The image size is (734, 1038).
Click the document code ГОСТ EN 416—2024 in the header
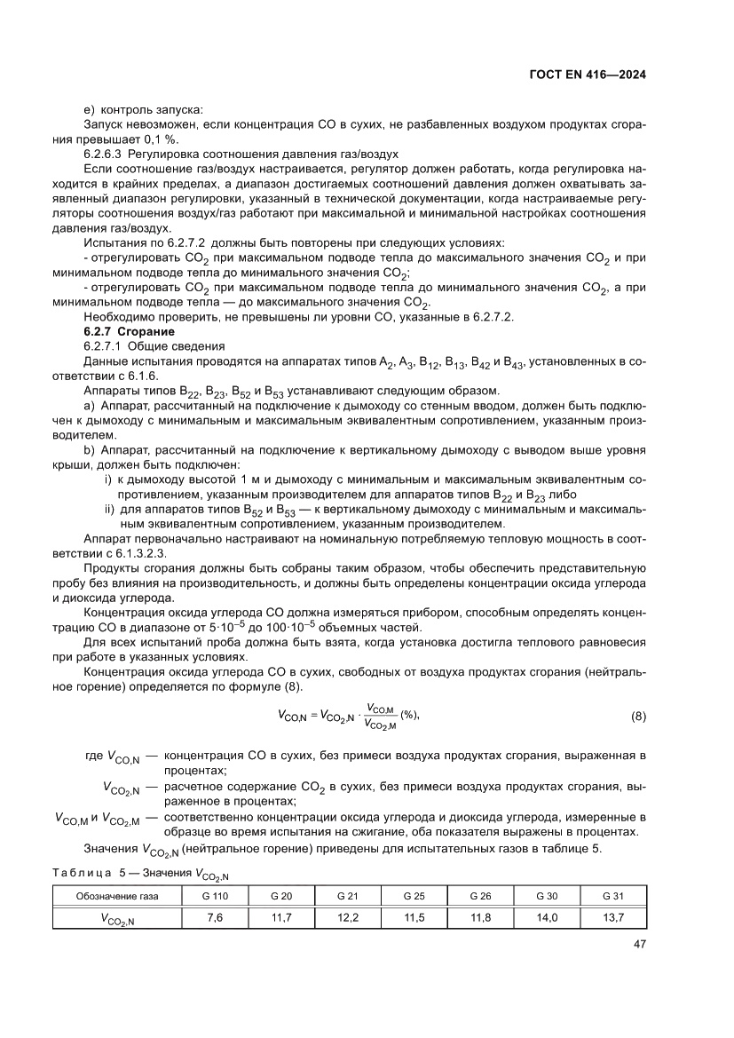click(580, 75)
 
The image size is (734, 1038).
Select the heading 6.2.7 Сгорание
click(115, 331)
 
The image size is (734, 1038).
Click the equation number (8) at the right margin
click(637, 716)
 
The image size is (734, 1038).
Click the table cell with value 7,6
click(215, 917)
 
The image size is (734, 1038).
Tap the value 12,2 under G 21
click(348, 917)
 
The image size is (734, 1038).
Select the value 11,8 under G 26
click(480, 917)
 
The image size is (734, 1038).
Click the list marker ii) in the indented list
click(111, 511)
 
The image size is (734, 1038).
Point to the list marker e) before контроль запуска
click(88, 109)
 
